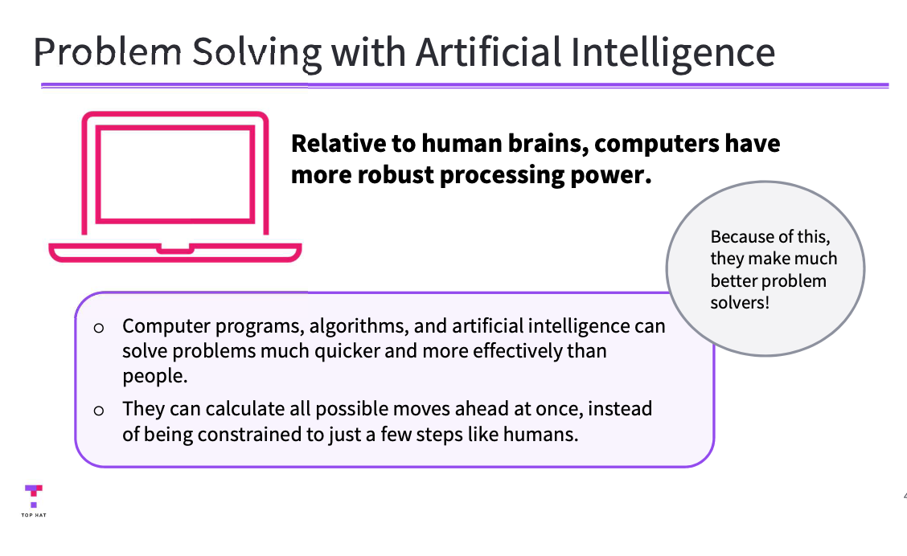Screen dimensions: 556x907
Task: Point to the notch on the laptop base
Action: [174, 248]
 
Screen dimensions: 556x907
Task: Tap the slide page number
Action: [905, 495]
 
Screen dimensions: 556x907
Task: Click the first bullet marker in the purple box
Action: [99, 328]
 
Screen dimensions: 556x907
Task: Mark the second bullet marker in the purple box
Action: [99, 410]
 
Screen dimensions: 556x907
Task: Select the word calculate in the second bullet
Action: [242, 408]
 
